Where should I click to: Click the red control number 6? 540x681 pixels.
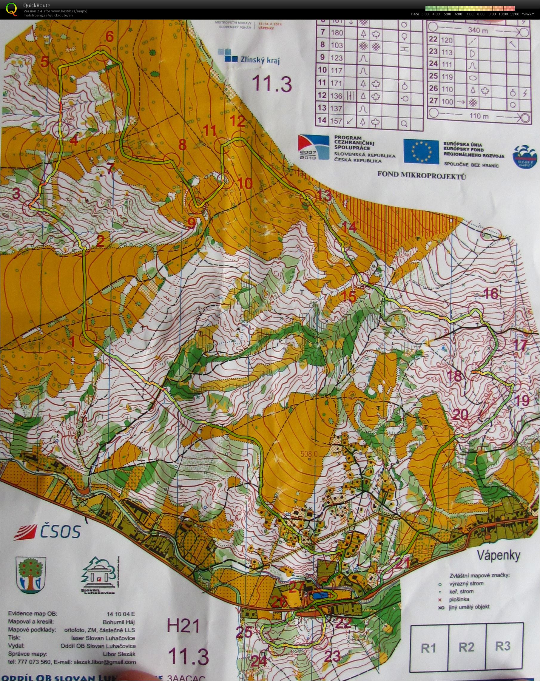click(109, 37)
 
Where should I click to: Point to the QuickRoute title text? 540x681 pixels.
click(36, 5)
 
